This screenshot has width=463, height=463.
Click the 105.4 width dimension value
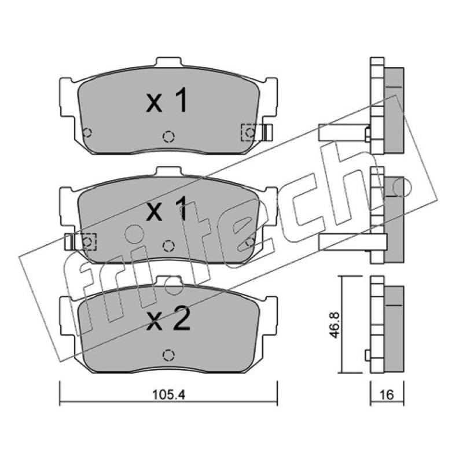click(x=168, y=395)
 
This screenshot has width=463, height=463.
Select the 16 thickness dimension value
click(x=387, y=395)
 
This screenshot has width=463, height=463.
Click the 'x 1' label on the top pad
click(x=167, y=100)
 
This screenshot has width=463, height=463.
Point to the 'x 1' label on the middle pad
click(x=167, y=209)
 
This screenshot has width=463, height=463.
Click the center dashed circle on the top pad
click(x=168, y=137)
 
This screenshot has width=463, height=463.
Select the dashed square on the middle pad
click(x=87, y=242)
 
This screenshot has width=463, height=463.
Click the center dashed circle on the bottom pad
click(x=168, y=355)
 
